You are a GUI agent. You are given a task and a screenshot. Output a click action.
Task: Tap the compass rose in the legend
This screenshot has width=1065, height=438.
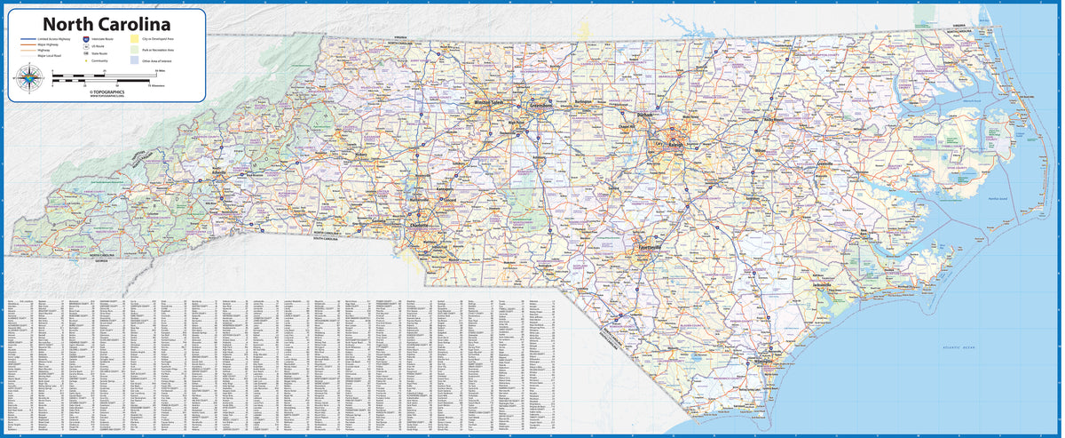pyautogui.click(x=28, y=82)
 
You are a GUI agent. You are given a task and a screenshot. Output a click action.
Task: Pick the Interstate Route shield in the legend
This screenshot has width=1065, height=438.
pyautogui.click(x=85, y=40)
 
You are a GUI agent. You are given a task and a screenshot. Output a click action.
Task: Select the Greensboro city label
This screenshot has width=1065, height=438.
pyautogui.click(x=540, y=105)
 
